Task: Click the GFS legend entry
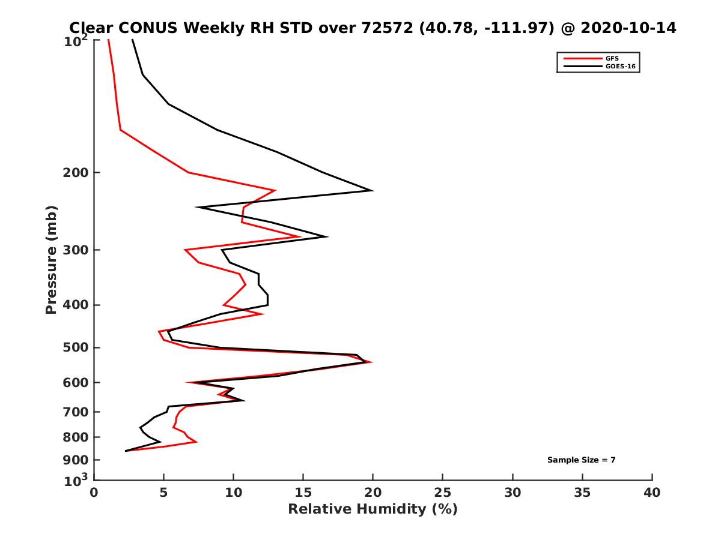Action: [x=612, y=59]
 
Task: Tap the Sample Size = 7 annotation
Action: [x=581, y=460]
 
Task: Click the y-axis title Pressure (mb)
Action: [x=51, y=259]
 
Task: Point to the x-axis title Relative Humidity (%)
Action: [x=373, y=509]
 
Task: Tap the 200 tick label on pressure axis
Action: [x=75, y=173]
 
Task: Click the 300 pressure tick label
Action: [x=75, y=250]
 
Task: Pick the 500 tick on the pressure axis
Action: [x=75, y=347]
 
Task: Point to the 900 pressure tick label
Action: [x=75, y=460]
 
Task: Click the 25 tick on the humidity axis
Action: [x=442, y=493]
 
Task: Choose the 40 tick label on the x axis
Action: [x=652, y=493]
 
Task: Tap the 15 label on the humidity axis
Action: [x=303, y=493]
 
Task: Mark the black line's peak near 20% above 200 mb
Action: [x=373, y=191]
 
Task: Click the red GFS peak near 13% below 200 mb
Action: [x=275, y=191]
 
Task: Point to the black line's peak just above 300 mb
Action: [x=327, y=236]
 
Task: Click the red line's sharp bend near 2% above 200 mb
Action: [x=121, y=130]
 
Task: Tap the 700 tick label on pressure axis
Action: [x=75, y=412]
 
